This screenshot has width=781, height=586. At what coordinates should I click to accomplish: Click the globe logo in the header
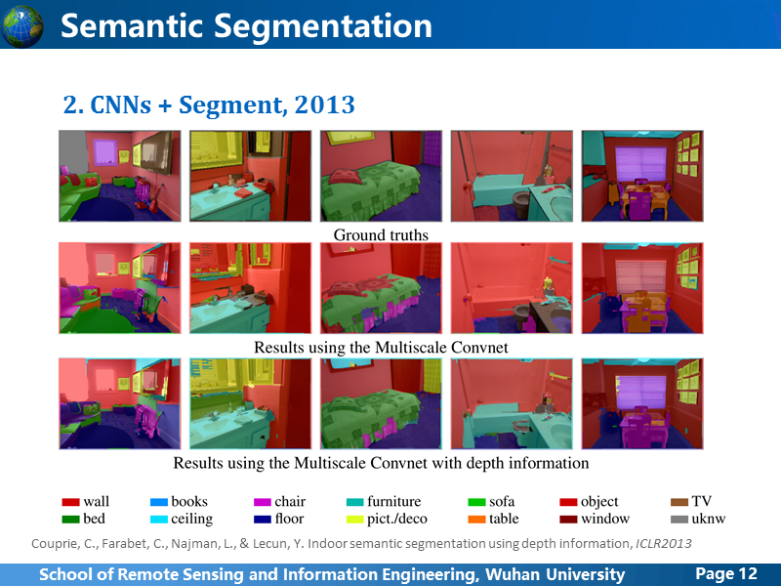[21, 26]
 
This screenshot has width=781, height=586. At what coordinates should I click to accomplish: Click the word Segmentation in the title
[323, 26]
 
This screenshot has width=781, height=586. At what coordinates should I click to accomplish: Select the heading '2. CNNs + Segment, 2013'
[209, 105]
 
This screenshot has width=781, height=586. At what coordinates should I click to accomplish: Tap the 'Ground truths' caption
[381, 234]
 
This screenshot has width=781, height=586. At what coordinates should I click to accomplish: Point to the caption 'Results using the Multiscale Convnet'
[381, 348]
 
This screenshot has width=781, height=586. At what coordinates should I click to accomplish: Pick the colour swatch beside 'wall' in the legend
[70, 502]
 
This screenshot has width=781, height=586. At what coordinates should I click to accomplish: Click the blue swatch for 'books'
[159, 502]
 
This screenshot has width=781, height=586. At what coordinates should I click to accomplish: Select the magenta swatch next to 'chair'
[263, 502]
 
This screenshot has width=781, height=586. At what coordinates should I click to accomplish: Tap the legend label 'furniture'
[394, 501]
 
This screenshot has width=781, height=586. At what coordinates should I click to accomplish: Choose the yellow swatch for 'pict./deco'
[355, 520]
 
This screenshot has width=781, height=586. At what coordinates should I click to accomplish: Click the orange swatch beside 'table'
[476, 520]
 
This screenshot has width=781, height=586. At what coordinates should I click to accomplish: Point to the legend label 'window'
[605, 519]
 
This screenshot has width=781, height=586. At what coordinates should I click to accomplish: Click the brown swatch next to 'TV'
[679, 502]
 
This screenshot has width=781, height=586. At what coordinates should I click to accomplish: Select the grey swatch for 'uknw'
[679, 520]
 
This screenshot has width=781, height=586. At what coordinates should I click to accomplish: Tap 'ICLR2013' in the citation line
[664, 543]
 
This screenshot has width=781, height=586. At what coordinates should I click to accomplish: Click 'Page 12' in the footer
[726, 573]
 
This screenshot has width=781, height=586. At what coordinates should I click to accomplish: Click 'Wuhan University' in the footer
[555, 574]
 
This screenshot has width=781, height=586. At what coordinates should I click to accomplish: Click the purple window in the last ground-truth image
[641, 164]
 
